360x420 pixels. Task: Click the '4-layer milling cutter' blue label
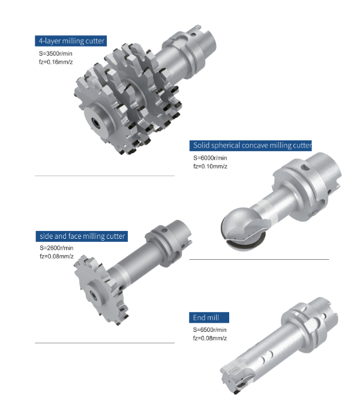coord(71,41)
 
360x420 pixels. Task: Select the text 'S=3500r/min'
coord(55,53)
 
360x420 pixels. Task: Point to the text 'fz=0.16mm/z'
coord(56,62)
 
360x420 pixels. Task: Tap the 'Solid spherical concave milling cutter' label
coord(250,145)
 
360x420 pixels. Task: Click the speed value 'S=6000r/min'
coord(210,158)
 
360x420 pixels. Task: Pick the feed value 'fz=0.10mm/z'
coord(210,166)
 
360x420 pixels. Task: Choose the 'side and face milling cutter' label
coord(82,236)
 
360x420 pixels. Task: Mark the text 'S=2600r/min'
coord(56,248)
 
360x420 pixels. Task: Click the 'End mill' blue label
coord(209,317)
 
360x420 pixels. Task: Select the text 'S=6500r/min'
coord(210,330)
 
